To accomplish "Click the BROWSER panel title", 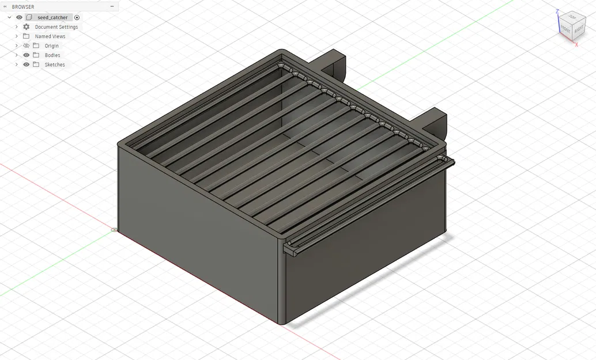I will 23,7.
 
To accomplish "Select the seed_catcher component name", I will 52,17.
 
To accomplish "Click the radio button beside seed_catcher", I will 77,17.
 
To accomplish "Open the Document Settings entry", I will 56,27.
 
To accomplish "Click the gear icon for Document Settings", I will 26,27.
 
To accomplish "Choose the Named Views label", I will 50,36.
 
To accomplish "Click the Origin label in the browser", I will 51,46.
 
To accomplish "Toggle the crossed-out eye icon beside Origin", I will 26,46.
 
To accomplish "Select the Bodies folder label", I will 52,55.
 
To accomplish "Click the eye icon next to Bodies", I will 26,55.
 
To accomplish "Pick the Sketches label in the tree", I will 55,65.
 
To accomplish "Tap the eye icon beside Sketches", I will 26,65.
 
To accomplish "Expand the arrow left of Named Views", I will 17,36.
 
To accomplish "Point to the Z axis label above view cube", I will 557,10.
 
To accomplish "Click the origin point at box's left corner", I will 114,230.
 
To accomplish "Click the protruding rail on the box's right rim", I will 369,204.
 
